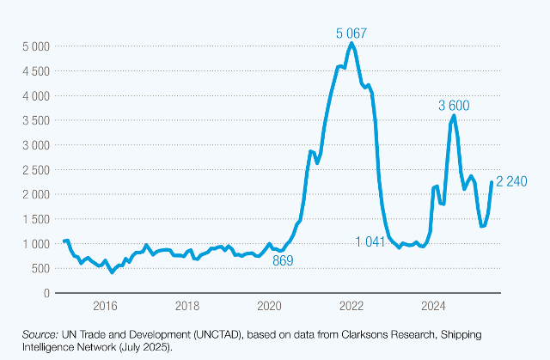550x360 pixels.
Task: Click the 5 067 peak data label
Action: tap(351, 33)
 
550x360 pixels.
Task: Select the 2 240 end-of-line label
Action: tap(512, 181)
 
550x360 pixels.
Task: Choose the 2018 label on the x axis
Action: tap(186, 306)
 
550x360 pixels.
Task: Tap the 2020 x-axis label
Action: tap(269, 306)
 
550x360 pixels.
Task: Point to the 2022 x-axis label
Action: tap(351, 306)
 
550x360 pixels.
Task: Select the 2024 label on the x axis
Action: tap(434, 306)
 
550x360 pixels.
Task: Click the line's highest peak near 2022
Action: tap(351, 43)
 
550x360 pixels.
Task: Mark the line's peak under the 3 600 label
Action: tap(454, 114)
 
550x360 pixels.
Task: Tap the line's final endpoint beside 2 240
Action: tap(492, 182)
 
